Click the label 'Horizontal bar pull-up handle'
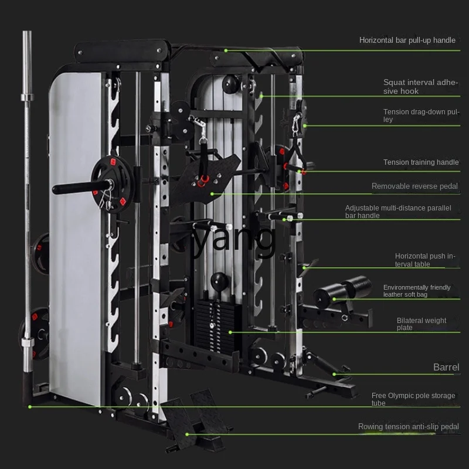tap(407, 40)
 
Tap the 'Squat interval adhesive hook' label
tap(420, 87)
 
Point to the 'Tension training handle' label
tap(421, 162)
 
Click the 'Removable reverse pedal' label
tap(414, 186)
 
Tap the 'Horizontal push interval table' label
tap(424, 260)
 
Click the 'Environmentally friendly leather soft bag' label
tap(417, 291)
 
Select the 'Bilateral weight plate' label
tap(422, 324)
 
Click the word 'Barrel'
tap(446, 368)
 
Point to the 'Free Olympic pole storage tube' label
tap(413, 399)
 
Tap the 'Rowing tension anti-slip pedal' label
tap(408, 427)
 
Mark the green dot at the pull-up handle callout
tap(226, 51)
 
